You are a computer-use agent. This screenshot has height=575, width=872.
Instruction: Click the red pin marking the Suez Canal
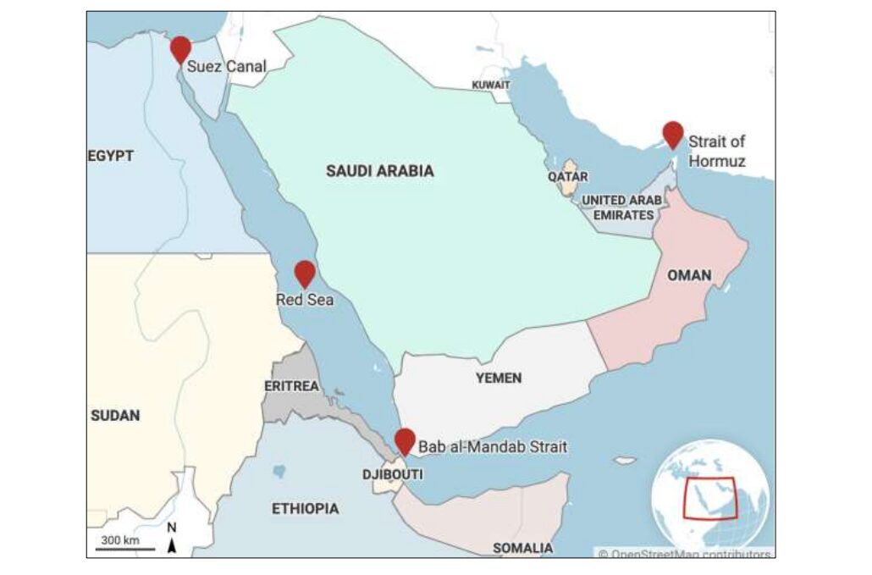click(x=180, y=48)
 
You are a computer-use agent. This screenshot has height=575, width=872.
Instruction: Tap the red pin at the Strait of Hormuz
click(x=672, y=133)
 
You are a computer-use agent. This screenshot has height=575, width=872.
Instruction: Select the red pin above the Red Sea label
click(x=305, y=273)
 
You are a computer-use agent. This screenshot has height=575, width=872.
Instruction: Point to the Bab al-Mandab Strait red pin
click(x=405, y=440)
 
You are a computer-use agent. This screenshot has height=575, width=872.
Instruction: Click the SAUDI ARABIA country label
click(x=379, y=171)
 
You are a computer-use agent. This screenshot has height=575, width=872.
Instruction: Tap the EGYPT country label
click(x=111, y=156)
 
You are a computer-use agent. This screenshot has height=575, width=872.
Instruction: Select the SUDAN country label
click(x=115, y=416)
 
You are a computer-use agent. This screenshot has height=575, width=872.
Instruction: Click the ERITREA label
click(x=291, y=386)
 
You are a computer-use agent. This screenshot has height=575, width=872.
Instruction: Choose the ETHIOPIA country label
click(x=305, y=509)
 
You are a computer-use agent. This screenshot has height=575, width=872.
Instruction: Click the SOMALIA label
click(x=522, y=548)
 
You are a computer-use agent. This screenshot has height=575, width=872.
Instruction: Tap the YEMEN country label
click(x=498, y=378)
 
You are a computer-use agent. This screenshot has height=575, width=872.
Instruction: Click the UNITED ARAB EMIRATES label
click(x=617, y=207)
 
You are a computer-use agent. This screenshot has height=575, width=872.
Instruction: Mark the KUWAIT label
click(x=491, y=86)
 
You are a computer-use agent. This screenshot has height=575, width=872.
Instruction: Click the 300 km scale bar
click(x=119, y=548)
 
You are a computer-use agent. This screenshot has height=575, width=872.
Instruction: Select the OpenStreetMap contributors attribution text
click(x=684, y=554)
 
